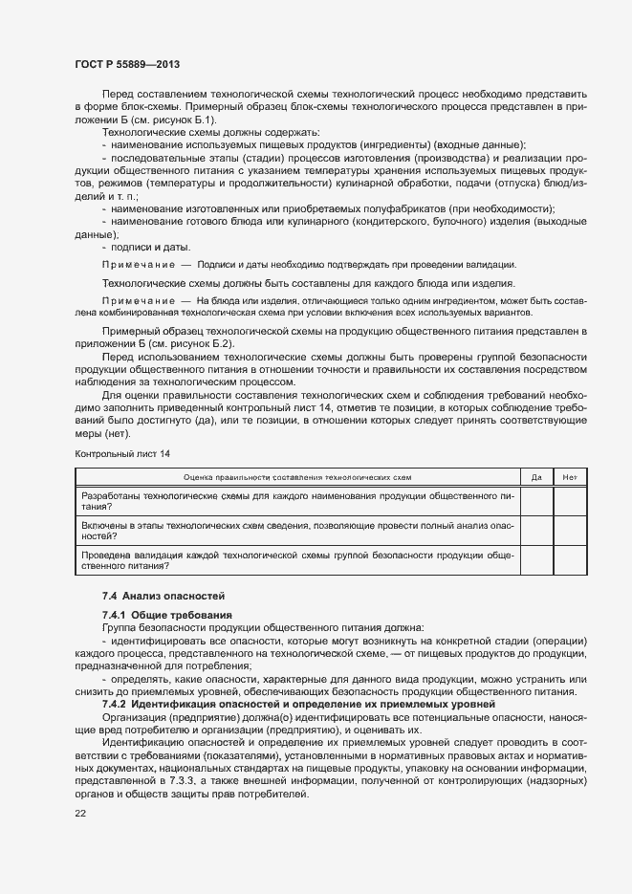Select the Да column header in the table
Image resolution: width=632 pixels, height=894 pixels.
pyautogui.click(x=536, y=476)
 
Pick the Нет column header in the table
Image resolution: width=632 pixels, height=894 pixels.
pyautogui.click(x=570, y=476)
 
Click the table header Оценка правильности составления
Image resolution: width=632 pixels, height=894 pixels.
pyautogui.click(x=297, y=476)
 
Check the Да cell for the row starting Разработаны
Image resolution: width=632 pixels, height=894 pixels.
pyautogui.click(x=536, y=501)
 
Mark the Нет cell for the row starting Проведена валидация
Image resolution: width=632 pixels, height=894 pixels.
pyautogui.click(x=570, y=560)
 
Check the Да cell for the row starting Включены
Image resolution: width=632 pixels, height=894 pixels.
pyautogui.click(x=536, y=531)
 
